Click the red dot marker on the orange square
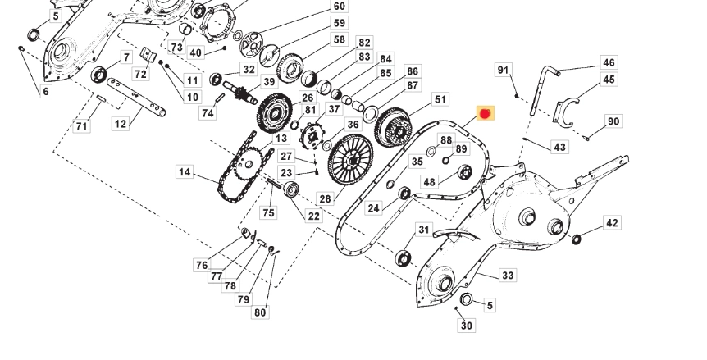485,114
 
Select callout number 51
440,99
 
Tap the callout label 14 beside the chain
185,172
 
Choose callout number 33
508,276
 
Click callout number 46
608,62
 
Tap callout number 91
504,71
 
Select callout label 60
340,7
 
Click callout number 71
81,126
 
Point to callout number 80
260,312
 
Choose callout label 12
121,124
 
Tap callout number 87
412,86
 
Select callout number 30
467,326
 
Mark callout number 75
268,213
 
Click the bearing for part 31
404,259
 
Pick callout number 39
268,82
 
